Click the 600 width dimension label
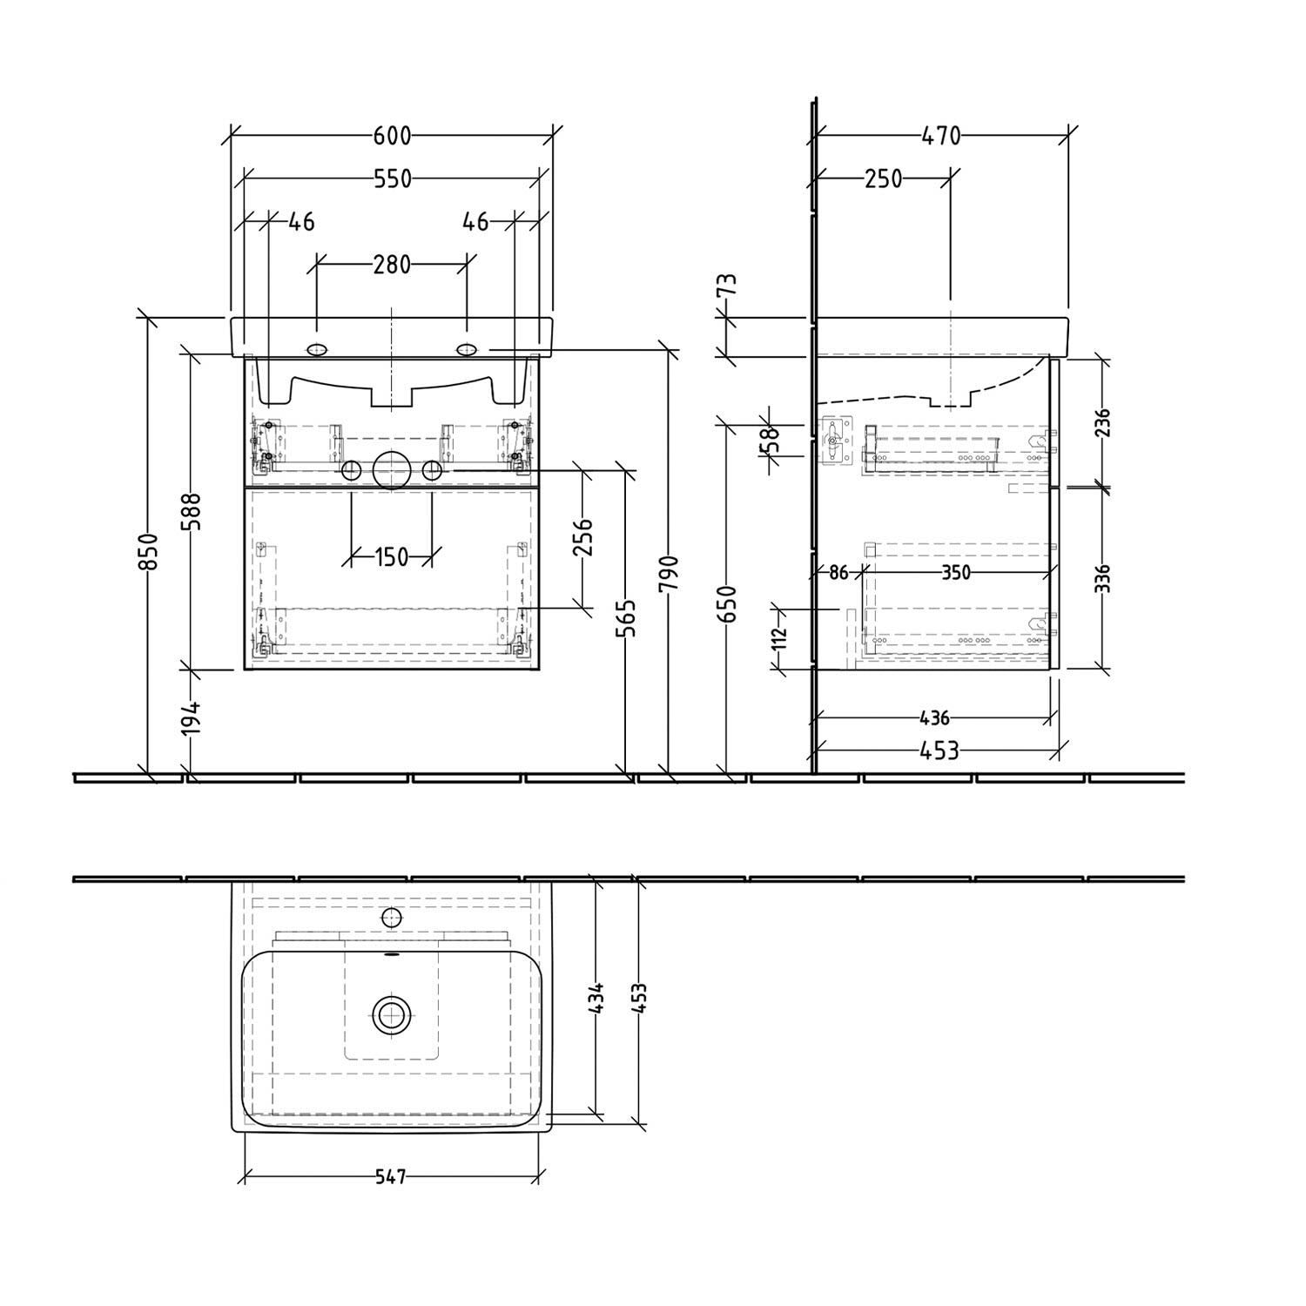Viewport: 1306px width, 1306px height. coord(392,136)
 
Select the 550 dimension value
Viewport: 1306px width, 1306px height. coord(392,178)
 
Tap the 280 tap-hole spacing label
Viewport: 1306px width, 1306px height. coord(392,264)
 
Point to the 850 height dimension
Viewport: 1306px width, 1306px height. coord(150,552)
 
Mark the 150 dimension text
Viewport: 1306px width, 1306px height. coord(392,556)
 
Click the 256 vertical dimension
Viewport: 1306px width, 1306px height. coord(583,537)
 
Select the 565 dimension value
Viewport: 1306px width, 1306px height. coord(629,617)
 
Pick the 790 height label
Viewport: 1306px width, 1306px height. coord(670,575)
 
